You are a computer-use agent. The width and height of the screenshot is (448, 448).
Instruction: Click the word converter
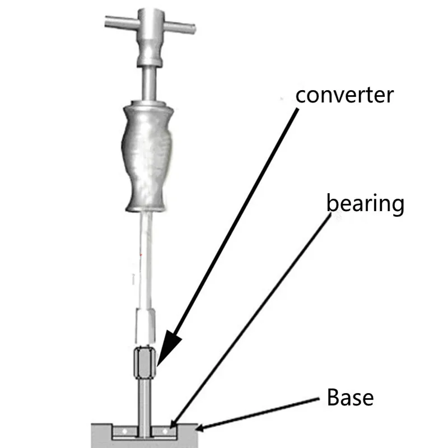tap(344, 95)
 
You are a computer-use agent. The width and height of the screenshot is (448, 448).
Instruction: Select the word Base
tap(350, 398)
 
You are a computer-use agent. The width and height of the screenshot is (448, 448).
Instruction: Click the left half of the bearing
tap(126, 432)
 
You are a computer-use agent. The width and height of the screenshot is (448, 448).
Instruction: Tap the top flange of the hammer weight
tap(146, 105)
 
